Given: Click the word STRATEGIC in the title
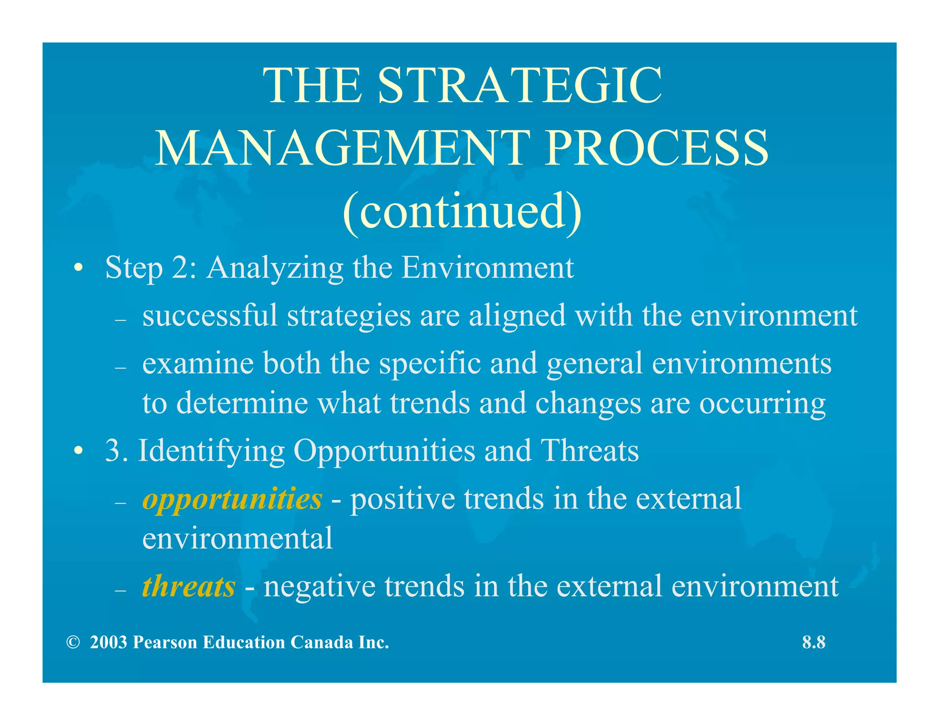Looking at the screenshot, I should pyautogui.click(x=520, y=86).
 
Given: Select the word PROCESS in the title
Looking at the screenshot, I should pyautogui.click(x=657, y=148).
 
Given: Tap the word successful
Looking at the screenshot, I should pyautogui.click(x=210, y=316).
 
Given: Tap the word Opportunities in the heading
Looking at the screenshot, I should pyautogui.click(x=384, y=451).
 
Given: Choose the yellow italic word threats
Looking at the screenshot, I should pyautogui.click(x=188, y=587).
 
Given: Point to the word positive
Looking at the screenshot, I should pyautogui.click(x=402, y=499).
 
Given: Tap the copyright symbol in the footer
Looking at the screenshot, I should pyautogui.click(x=72, y=643).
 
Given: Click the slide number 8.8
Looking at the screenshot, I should pyautogui.click(x=813, y=643).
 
